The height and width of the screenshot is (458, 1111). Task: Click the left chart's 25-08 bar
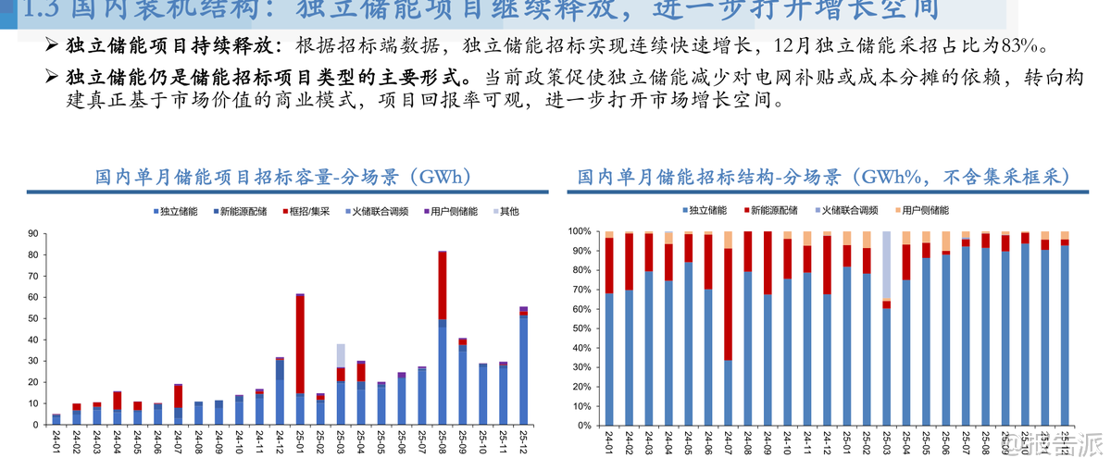(x=443, y=338)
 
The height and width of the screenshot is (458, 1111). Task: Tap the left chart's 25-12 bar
(x=523, y=365)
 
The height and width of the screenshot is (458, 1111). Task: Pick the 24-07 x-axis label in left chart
(x=178, y=441)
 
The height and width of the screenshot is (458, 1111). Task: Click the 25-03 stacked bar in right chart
(x=886, y=328)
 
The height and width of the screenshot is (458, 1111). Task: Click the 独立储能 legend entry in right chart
(x=705, y=211)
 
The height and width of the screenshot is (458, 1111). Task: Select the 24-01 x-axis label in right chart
(x=609, y=441)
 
